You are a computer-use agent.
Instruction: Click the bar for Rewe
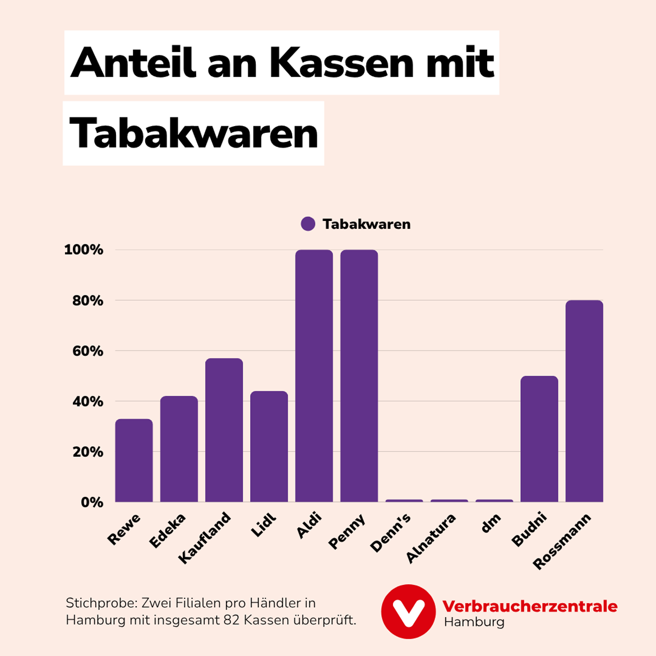point(134,460)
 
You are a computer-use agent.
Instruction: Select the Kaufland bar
point(224,430)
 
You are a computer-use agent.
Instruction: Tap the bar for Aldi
point(314,376)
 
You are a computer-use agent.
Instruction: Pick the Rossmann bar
point(584,401)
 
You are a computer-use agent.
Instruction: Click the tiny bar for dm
point(494,500)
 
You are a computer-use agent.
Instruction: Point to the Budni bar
point(539,438)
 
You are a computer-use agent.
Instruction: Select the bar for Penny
point(359,376)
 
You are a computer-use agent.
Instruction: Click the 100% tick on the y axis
point(84,250)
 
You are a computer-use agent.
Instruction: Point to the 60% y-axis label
point(87,351)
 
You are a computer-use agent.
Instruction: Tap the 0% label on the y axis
point(91,502)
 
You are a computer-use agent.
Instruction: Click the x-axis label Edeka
point(167,531)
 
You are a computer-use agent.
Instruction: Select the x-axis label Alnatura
point(431,538)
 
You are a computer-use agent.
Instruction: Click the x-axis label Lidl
point(264,525)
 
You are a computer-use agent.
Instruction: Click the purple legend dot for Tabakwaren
point(308,224)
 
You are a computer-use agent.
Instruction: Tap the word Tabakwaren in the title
point(193,134)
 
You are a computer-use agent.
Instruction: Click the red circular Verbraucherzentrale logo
point(408,612)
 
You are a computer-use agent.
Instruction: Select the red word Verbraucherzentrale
point(530,606)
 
